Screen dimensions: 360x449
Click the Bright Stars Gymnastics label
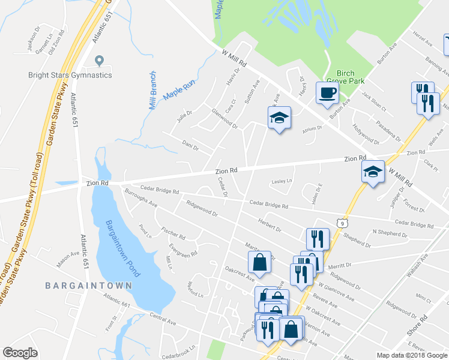click(x=70, y=75)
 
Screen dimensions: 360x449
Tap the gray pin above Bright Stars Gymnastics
click(x=100, y=61)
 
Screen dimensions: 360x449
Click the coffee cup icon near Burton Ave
click(x=327, y=93)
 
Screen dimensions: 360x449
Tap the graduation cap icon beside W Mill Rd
click(x=373, y=173)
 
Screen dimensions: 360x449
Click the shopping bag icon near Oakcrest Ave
click(x=259, y=262)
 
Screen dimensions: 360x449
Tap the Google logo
click(x=21, y=353)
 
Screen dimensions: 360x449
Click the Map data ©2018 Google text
click(x=412, y=355)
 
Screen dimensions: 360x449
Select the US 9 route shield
click(x=342, y=223)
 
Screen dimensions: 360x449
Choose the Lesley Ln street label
click(x=282, y=181)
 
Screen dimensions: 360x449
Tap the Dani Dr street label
click(x=191, y=145)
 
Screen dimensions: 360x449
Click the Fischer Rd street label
click(x=173, y=232)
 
